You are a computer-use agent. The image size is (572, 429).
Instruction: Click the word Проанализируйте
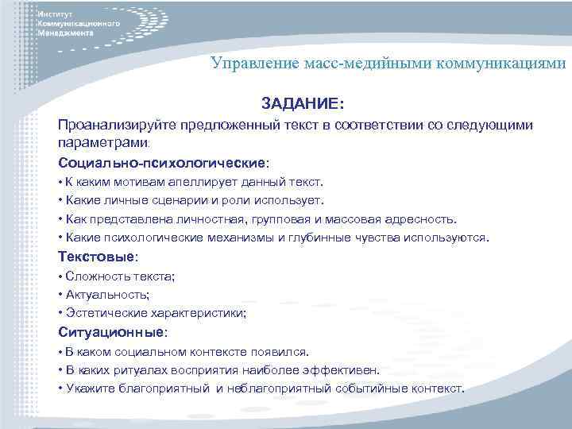point(117,126)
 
